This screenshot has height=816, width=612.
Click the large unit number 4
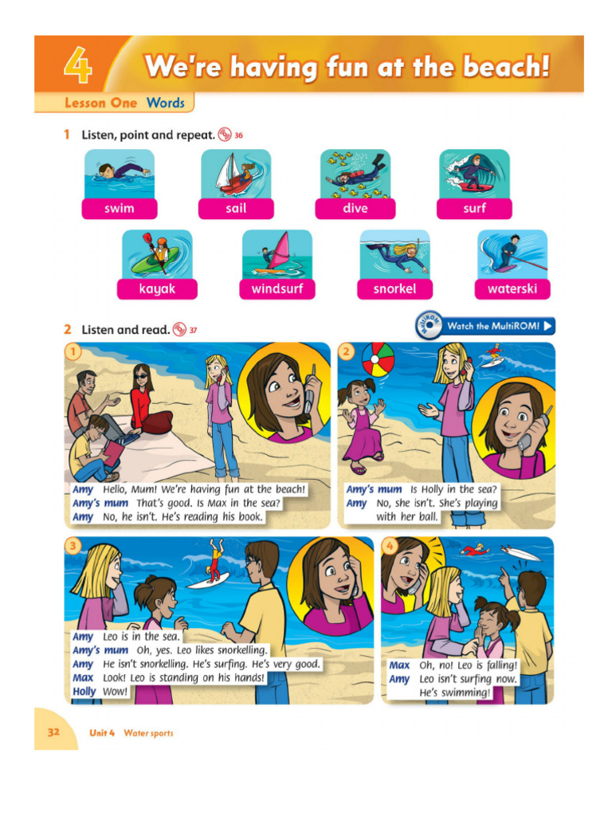[x=78, y=67]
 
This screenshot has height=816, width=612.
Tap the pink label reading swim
[x=119, y=209]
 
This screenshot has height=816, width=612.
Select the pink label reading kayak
[x=157, y=289]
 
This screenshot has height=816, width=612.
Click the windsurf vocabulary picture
[x=277, y=253]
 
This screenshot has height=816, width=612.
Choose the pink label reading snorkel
[x=394, y=289]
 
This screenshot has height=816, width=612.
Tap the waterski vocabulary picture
[x=512, y=253]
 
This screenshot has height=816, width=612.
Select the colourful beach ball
[x=378, y=359]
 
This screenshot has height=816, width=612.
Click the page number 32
[x=53, y=732]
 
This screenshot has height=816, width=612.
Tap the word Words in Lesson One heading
[x=165, y=103]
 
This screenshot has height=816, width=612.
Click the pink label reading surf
[x=474, y=209]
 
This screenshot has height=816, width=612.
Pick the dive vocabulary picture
[x=355, y=174]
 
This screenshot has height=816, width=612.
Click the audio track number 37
[x=193, y=330]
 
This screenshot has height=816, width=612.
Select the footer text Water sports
[x=148, y=733]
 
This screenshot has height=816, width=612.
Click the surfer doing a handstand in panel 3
[x=214, y=560]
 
